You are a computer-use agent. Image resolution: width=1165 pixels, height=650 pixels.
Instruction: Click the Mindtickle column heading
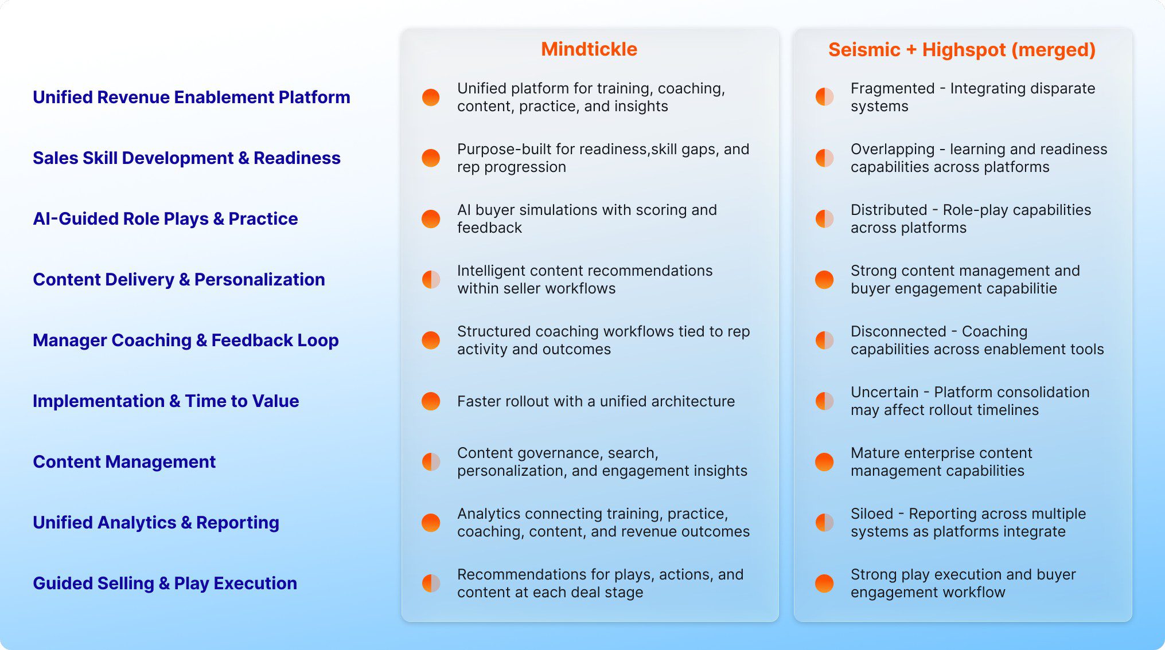point(589,49)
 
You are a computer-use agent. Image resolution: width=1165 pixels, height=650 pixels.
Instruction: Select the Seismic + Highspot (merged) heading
point(962,50)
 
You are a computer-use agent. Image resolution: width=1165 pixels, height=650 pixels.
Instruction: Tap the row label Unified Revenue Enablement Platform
point(191,97)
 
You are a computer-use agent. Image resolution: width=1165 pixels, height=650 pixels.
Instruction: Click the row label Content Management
point(124,462)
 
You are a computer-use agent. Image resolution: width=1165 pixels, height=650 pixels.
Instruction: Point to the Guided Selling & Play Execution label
point(165,584)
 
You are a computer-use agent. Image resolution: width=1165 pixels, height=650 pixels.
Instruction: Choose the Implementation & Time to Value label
point(166,401)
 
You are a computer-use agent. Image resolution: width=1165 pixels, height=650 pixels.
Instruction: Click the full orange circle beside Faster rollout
point(431,401)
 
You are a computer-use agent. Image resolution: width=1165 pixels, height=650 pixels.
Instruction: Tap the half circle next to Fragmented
point(824,97)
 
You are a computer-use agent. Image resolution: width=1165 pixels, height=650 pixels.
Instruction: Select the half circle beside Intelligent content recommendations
point(431,280)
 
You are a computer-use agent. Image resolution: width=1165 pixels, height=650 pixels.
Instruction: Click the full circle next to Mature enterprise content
point(824,462)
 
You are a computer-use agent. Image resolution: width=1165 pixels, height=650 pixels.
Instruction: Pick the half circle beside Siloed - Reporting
point(824,523)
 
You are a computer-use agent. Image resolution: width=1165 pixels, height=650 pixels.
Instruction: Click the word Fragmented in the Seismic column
point(892,89)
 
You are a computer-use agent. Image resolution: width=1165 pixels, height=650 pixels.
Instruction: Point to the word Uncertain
point(884,393)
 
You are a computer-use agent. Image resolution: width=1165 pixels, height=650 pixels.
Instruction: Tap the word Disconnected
point(898,332)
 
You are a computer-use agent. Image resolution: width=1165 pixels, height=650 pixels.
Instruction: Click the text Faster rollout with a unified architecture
point(595,401)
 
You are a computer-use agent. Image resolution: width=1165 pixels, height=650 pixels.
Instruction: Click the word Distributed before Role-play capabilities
point(889,210)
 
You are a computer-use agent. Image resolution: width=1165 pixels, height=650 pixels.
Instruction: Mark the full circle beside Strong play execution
point(824,584)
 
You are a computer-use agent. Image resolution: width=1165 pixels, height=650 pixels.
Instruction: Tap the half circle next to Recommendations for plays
point(431,584)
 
